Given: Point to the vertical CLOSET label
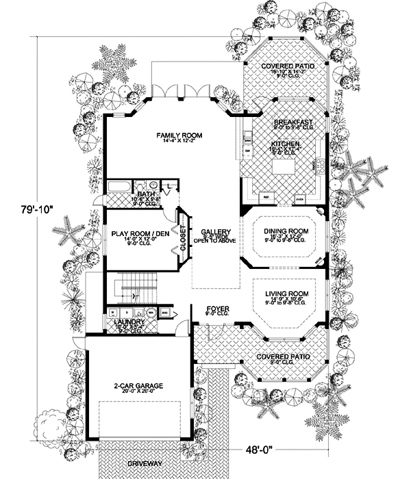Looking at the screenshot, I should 183,236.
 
